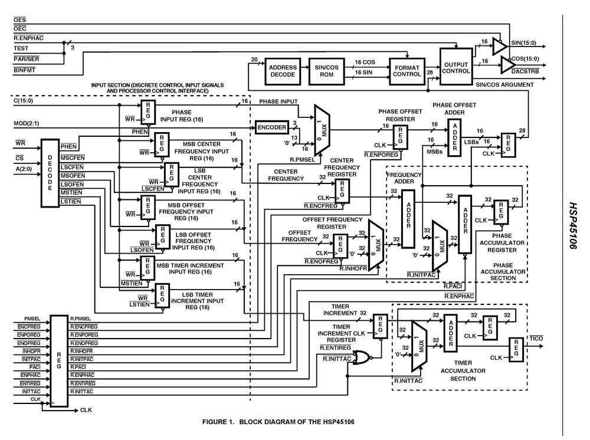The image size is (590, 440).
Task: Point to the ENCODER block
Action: coord(271,127)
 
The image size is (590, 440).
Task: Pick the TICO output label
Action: coord(536,338)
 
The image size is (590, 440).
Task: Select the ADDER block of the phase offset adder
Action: coord(454,137)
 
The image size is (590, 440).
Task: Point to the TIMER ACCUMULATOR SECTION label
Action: coord(463,371)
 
